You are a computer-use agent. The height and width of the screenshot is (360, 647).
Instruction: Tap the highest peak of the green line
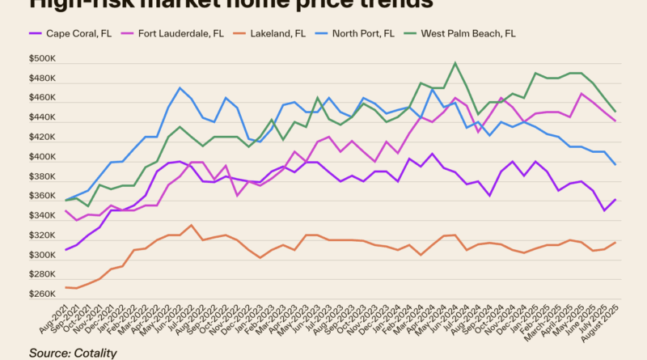tap(456, 63)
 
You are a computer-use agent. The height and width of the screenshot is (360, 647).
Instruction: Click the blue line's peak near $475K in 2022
tap(180, 87)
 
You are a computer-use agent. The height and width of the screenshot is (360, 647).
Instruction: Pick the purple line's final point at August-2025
tap(616, 199)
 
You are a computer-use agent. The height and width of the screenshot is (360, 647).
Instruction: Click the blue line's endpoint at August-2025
tap(616, 165)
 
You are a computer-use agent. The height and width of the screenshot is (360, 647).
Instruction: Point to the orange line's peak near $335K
tap(191, 225)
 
